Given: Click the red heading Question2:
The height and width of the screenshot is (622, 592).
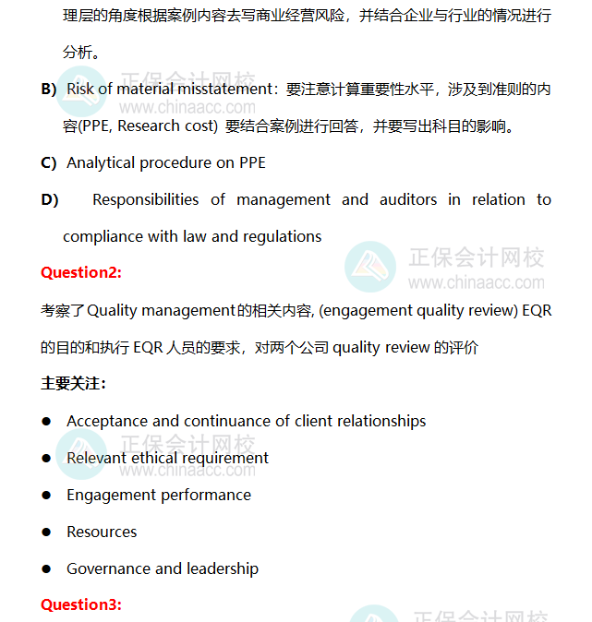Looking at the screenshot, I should pyautogui.click(x=81, y=272).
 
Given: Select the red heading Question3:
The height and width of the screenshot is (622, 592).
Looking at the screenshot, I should pyautogui.click(x=81, y=604).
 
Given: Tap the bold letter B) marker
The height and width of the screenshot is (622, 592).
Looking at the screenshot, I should pyautogui.click(x=49, y=89).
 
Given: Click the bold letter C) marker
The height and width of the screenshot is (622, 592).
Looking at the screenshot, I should pyautogui.click(x=49, y=162).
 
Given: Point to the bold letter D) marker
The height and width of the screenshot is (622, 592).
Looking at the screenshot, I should pyautogui.click(x=49, y=199).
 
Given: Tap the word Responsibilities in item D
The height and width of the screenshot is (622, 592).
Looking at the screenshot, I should pyautogui.click(x=145, y=199).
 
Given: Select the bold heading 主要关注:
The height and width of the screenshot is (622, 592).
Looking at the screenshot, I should pyautogui.click(x=73, y=383).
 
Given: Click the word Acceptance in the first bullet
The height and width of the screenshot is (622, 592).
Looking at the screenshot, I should pyautogui.click(x=107, y=421).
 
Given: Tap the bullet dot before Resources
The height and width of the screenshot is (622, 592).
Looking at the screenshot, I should pyautogui.click(x=45, y=532).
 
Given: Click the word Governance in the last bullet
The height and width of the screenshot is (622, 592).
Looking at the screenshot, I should pyautogui.click(x=106, y=568).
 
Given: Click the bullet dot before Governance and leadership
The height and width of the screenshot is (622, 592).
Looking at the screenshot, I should pyautogui.click(x=45, y=569).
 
